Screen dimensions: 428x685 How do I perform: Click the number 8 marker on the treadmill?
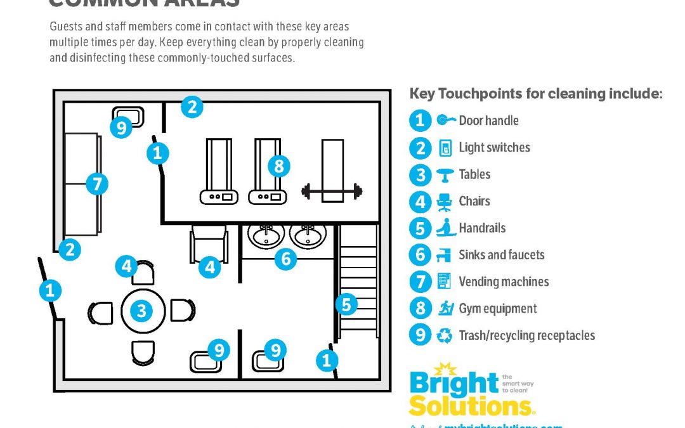278,166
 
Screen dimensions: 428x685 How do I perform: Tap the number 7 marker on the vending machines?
96,185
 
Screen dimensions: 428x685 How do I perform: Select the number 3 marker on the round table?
141,311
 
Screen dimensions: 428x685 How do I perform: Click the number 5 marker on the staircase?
346,305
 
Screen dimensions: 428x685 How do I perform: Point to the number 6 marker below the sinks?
285,258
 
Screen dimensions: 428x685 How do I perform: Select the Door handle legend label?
488,120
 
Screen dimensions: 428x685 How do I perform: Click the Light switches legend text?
494,148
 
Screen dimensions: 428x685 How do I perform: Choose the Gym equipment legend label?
497,309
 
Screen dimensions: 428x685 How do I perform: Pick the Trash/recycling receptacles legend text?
526,335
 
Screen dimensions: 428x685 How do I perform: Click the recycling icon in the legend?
445,335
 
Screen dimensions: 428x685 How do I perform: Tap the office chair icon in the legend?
443,202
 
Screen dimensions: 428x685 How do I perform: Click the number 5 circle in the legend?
419,228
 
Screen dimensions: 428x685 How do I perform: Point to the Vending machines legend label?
504,282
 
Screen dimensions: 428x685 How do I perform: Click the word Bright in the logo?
453,384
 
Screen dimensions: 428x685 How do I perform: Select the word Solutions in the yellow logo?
471,405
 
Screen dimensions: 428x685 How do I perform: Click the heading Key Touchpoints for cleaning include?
536,94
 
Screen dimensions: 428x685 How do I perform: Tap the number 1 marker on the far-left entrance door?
50,291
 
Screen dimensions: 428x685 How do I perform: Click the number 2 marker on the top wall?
192,107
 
